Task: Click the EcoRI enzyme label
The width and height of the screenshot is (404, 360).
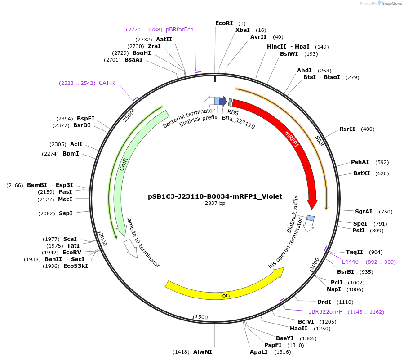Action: pyautogui.click(x=224, y=23)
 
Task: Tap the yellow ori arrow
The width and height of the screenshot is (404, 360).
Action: pyautogui.click(x=225, y=292)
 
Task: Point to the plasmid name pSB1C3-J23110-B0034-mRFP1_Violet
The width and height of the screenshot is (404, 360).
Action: pyautogui.click(x=215, y=196)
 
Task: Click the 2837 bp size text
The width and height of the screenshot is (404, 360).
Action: pyautogui.click(x=215, y=204)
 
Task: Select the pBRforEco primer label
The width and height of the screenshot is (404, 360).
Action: pyautogui.click(x=179, y=30)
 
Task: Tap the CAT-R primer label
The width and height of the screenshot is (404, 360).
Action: pyautogui.click(x=107, y=83)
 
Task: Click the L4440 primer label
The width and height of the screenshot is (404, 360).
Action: pyautogui.click(x=350, y=262)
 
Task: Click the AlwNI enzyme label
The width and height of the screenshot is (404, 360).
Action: pyautogui.click(x=202, y=352)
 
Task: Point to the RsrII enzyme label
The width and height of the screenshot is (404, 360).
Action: pyautogui.click(x=347, y=129)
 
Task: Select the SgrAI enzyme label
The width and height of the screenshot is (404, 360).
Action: pyautogui.click(x=364, y=212)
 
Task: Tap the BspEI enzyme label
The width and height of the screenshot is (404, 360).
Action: pyautogui.click(x=85, y=119)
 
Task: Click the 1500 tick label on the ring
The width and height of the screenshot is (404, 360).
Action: pyautogui.click(x=201, y=317)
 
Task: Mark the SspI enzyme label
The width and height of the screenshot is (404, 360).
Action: pyautogui.click(x=66, y=213)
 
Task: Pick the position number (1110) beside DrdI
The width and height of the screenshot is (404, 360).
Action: pyautogui.click(x=345, y=302)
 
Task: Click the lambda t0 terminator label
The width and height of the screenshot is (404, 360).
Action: pyautogui.click(x=143, y=243)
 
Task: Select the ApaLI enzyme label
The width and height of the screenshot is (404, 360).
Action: pyautogui.click(x=258, y=352)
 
